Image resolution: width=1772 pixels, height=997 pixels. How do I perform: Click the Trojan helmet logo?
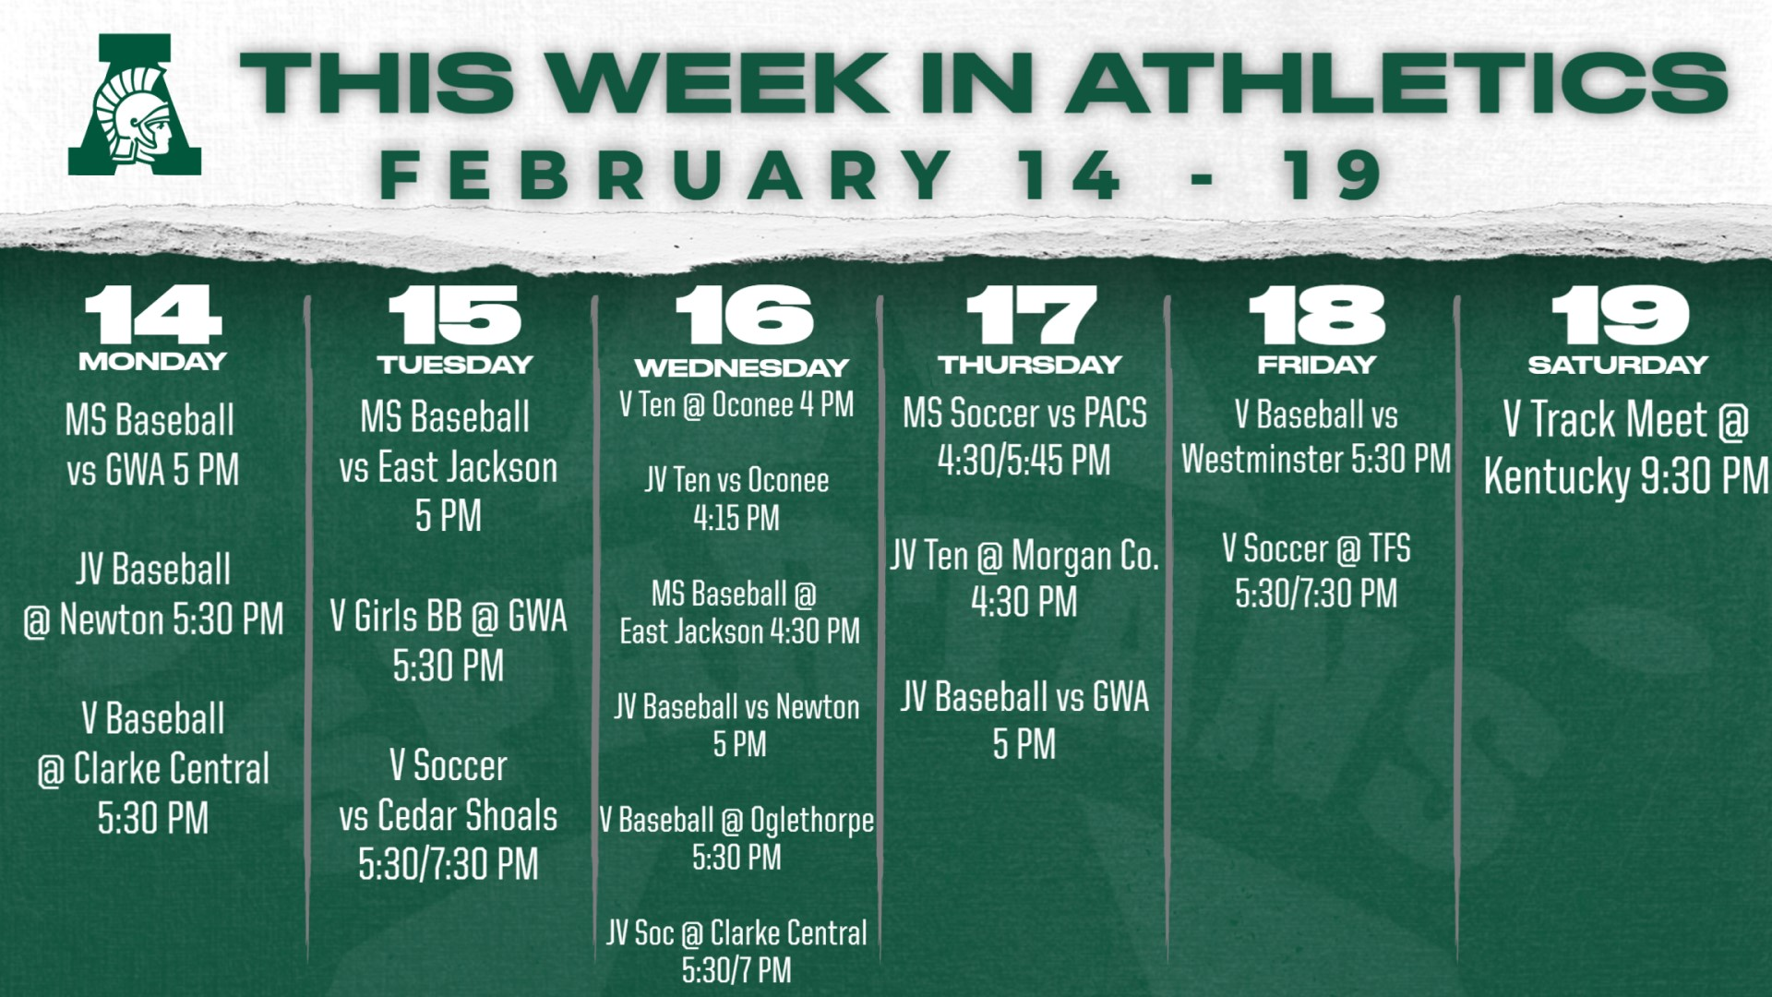point(135,104)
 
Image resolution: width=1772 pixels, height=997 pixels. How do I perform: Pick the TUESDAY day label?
point(455,364)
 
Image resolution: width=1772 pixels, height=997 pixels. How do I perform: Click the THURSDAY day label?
point(1030,364)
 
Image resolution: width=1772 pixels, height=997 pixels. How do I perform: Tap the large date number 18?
point(1317,315)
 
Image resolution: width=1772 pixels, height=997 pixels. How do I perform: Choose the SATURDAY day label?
point(1618,364)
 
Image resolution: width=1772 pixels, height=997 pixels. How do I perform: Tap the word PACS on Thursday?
point(1116,413)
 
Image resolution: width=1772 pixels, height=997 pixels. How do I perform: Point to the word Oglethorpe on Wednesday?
point(812,820)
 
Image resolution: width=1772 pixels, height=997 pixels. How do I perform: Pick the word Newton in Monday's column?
point(112,619)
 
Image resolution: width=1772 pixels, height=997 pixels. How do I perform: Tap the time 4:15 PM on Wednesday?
point(736,518)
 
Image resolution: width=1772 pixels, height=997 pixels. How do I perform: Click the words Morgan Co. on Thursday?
point(1085,556)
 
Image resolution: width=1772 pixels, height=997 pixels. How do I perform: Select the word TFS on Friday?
point(1390,548)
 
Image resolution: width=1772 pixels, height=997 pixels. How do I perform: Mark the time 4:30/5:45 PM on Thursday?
point(1024,460)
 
